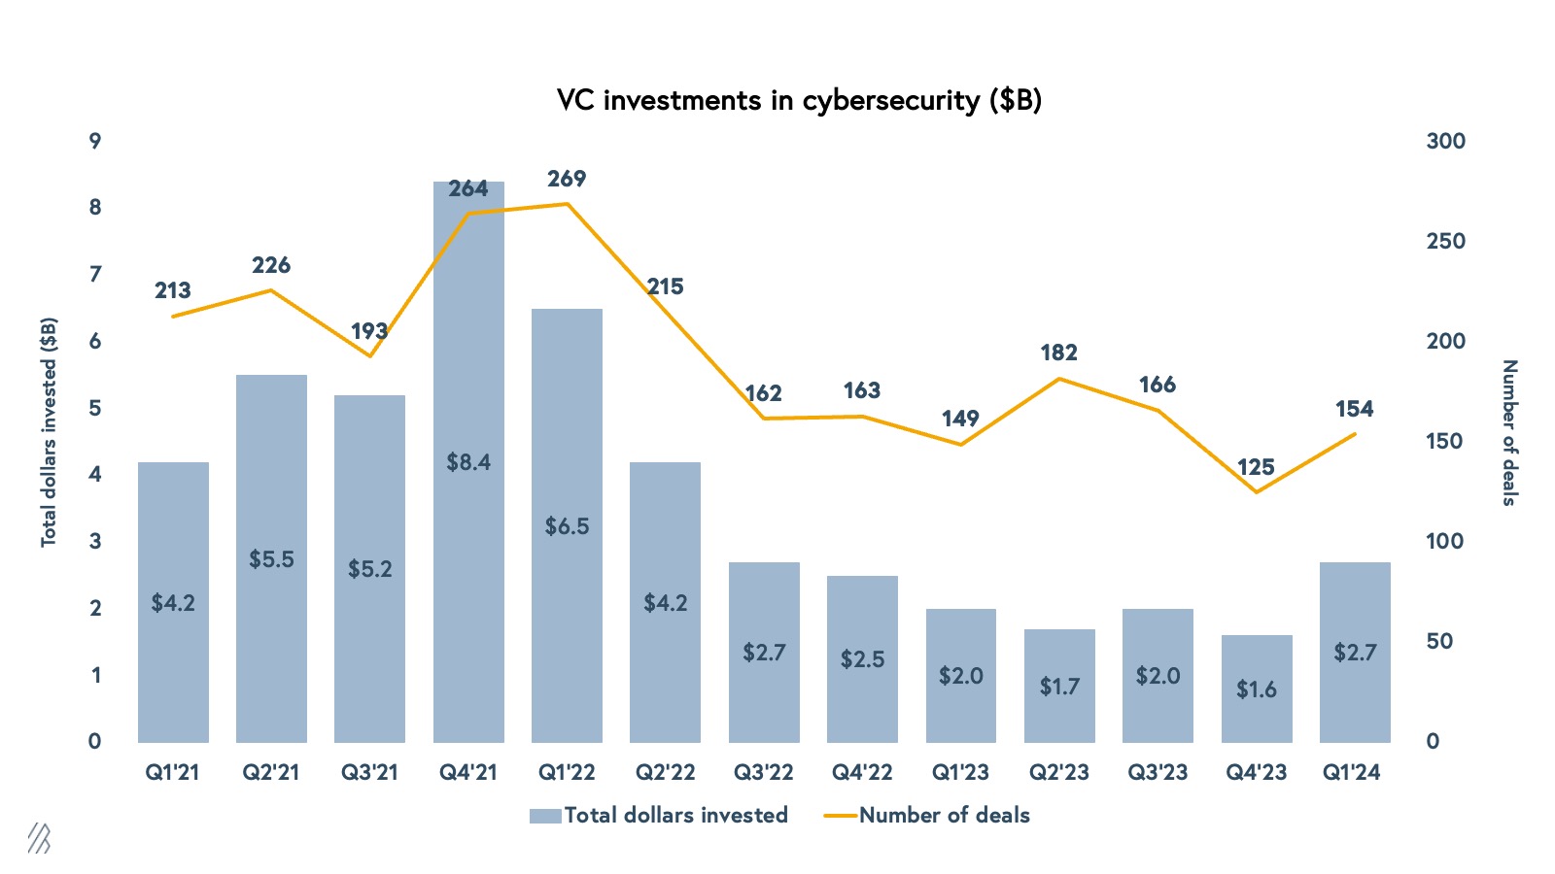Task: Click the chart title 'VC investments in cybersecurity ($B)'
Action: coord(799,101)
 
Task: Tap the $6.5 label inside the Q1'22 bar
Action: coord(567,526)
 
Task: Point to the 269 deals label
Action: coord(567,179)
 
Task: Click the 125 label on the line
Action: coord(1256,467)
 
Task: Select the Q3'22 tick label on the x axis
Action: coord(764,773)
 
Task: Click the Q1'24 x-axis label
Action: coord(1352,773)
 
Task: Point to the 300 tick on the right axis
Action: coord(1445,141)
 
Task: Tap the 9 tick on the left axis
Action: coord(95,141)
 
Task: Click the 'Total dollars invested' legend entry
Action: coord(659,816)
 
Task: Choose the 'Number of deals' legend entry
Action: coord(927,816)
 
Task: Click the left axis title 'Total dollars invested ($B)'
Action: coord(49,432)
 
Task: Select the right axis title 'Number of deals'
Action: coord(1508,432)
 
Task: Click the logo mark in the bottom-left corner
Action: coord(39,838)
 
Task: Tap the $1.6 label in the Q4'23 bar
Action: coord(1256,689)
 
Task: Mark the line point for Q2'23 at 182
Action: coord(1059,378)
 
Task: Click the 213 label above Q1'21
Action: coord(173,290)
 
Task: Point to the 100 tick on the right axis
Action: coord(1445,541)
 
